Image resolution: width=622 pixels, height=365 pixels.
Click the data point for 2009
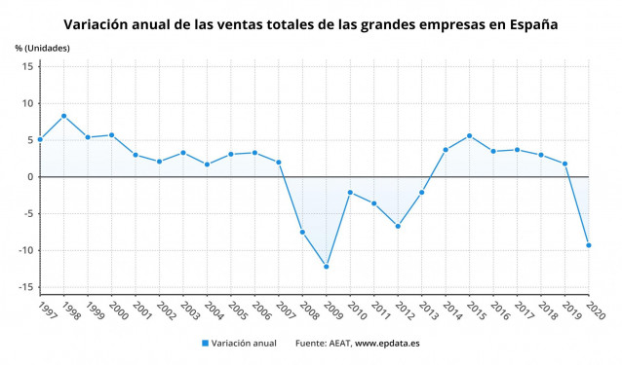(x=326, y=267)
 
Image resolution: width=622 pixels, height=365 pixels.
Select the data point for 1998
(x=63, y=116)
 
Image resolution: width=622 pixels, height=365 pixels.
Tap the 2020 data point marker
(x=588, y=245)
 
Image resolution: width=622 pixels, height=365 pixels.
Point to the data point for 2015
(x=469, y=135)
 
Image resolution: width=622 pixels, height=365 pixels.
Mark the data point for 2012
(x=398, y=226)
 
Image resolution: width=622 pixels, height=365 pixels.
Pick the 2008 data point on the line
(x=302, y=232)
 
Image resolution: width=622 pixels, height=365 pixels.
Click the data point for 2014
(x=446, y=150)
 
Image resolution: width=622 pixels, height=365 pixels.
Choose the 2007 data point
(x=279, y=163)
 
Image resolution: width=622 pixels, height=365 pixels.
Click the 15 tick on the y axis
(x=28, y=66)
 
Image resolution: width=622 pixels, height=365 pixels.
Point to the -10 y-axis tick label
(x=26, y=250)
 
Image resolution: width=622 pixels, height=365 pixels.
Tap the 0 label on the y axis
(x=31, y=177)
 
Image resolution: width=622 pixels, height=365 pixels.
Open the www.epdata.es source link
(x=388, y=344)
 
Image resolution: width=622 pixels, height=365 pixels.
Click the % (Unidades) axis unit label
(x=43, y=47)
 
